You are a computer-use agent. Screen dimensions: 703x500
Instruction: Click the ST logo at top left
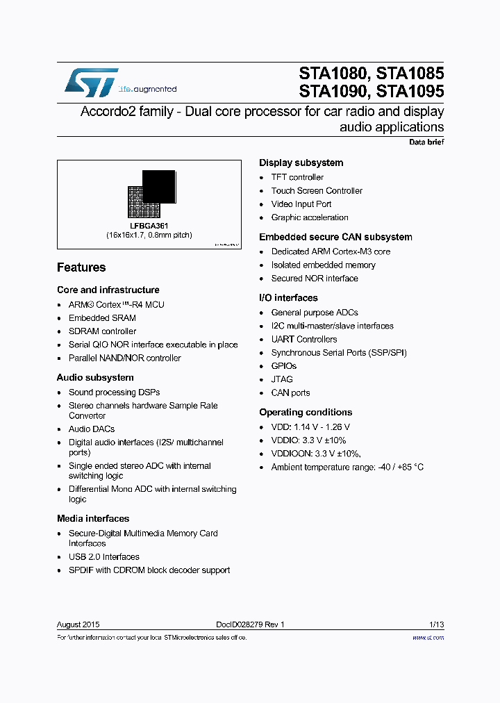click(x=91, y=82)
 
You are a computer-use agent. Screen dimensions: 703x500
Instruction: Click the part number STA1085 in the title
click(x=410, y=73)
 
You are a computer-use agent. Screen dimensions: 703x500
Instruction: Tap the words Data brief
click(x=426, y=142)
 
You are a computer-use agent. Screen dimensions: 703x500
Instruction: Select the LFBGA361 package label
click(x=149, y=226)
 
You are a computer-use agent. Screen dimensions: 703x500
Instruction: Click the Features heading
click(x=81, y=267)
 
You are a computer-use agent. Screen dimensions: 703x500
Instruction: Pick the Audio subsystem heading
click(x=95, y=378)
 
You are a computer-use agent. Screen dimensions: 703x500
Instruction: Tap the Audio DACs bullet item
click(x=92, y=429)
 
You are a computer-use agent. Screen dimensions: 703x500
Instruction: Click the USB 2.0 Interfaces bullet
click(x=103, y=557)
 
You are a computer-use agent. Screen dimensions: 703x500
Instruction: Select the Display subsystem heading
click(x=301, y=163)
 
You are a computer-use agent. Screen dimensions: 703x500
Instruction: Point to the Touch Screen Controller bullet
click(x=317, y=191)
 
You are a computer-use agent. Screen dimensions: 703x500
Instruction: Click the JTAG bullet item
click(x=282, y=379)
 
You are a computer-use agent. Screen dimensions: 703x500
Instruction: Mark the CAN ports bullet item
click(x=290, y=393)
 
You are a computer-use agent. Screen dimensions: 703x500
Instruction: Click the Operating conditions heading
click(x=306, y=413)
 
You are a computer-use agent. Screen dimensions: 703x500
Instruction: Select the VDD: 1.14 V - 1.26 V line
click(x=310, y=427)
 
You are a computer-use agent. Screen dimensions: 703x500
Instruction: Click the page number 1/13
click(x=435, y=625)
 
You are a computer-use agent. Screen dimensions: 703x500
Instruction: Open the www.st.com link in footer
click(x=428, y=638)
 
